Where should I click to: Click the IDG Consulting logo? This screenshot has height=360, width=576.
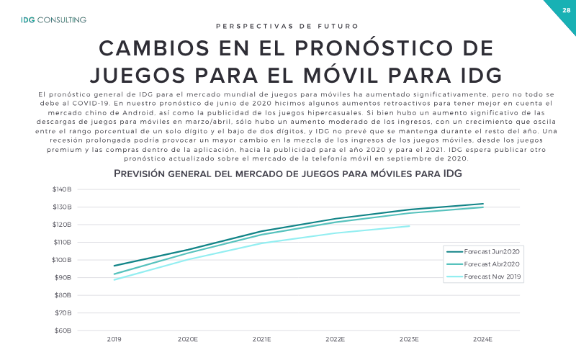point(53,20)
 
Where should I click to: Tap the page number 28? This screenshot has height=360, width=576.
point(566,10)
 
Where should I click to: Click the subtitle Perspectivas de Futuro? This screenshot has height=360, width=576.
point(287,26)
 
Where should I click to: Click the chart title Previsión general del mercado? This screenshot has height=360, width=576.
point(287,174)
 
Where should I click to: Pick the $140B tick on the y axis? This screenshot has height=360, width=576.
point(62,189)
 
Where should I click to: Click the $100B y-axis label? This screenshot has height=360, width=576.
point(62,260)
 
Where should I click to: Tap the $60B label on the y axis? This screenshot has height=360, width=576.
point(63,330)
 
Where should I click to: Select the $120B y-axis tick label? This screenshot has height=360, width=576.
point(62,225)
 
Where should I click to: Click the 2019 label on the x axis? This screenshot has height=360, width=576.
point(114,339)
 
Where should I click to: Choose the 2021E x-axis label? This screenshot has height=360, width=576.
point(261,339)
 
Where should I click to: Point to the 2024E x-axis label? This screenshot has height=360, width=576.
point(482,339)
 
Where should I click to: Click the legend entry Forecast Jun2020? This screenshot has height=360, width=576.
point(483,251)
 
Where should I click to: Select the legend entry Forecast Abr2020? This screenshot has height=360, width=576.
point(483,264)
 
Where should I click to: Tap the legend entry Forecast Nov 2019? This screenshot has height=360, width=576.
point(484,276)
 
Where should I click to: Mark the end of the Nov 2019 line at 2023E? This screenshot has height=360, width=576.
point(409,226)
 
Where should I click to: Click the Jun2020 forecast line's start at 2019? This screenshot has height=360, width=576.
point(114,266)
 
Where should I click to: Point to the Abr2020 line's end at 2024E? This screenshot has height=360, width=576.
point(483,207)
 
